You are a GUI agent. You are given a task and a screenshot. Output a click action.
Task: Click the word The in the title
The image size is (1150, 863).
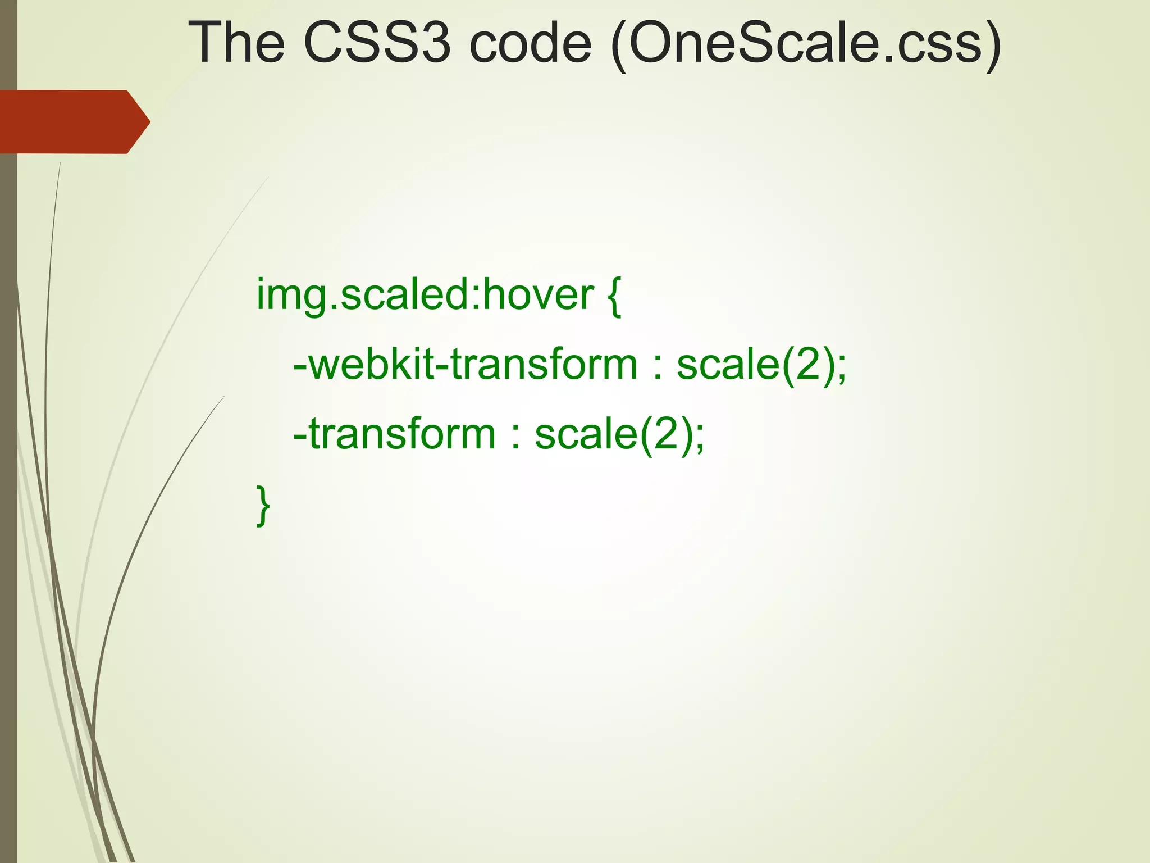tap(236, 43)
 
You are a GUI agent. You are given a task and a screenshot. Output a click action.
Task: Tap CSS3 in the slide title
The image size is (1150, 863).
tap(376, 43)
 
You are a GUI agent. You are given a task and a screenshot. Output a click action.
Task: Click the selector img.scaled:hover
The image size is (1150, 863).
tap(425, 294)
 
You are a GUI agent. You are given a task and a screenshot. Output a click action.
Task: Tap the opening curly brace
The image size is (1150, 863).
tap(614, 296)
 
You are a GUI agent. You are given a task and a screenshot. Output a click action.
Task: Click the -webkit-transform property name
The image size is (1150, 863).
tap(465, 365)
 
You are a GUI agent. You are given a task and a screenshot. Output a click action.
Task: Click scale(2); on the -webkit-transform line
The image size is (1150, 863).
tap(761, 365)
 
